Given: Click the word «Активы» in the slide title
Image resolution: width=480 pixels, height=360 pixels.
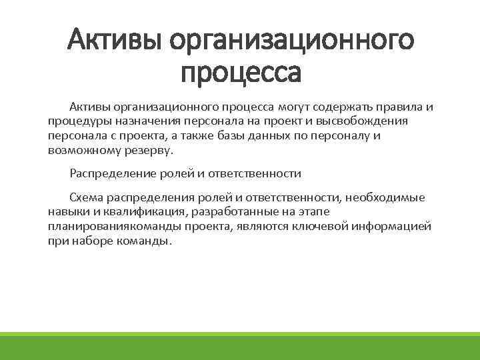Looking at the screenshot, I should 113,41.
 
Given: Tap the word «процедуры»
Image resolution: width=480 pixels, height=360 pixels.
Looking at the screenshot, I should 78,122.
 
